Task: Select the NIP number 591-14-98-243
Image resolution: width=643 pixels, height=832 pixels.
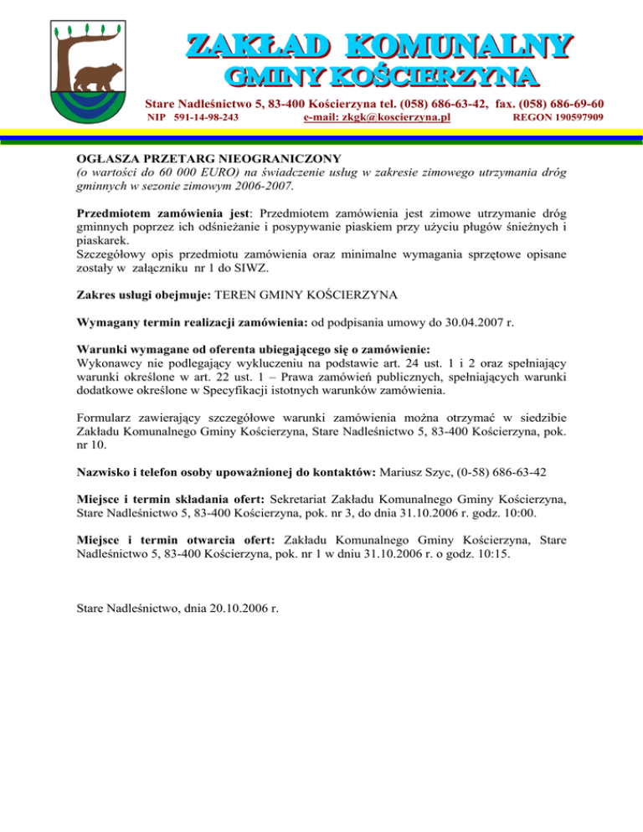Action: tap(206, 118)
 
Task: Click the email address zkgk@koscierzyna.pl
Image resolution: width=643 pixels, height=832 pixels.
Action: tap(377, 118)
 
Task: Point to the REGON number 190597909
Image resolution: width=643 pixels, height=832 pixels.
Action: tap(558, 118)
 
